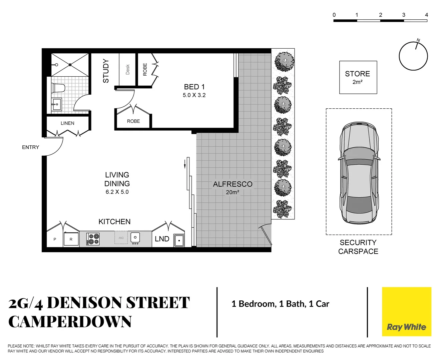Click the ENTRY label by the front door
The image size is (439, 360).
[30, 147]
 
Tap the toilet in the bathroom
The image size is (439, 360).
[58, 88]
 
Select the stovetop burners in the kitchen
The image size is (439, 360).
[93, 239]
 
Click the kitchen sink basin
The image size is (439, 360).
[135, 238]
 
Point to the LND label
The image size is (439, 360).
[162, 239]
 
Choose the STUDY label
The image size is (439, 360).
[106, 71]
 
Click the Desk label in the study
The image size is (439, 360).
[128, 69]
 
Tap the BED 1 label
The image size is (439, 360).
[194, 87]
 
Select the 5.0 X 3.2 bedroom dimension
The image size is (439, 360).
[194, 95]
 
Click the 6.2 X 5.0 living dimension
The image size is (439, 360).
[117, 192]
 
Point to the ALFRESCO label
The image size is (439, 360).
[233, 184]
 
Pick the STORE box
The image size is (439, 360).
[358, 77]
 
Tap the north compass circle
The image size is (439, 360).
[413, 56]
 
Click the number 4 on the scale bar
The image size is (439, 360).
[426, 15]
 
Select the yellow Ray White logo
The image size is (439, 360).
[406, 312]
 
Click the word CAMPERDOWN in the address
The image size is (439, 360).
[70, 322]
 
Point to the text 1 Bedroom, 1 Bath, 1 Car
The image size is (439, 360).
[280, 304]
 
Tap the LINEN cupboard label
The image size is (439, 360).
[67, 123]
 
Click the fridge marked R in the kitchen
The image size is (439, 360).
[71, 239]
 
